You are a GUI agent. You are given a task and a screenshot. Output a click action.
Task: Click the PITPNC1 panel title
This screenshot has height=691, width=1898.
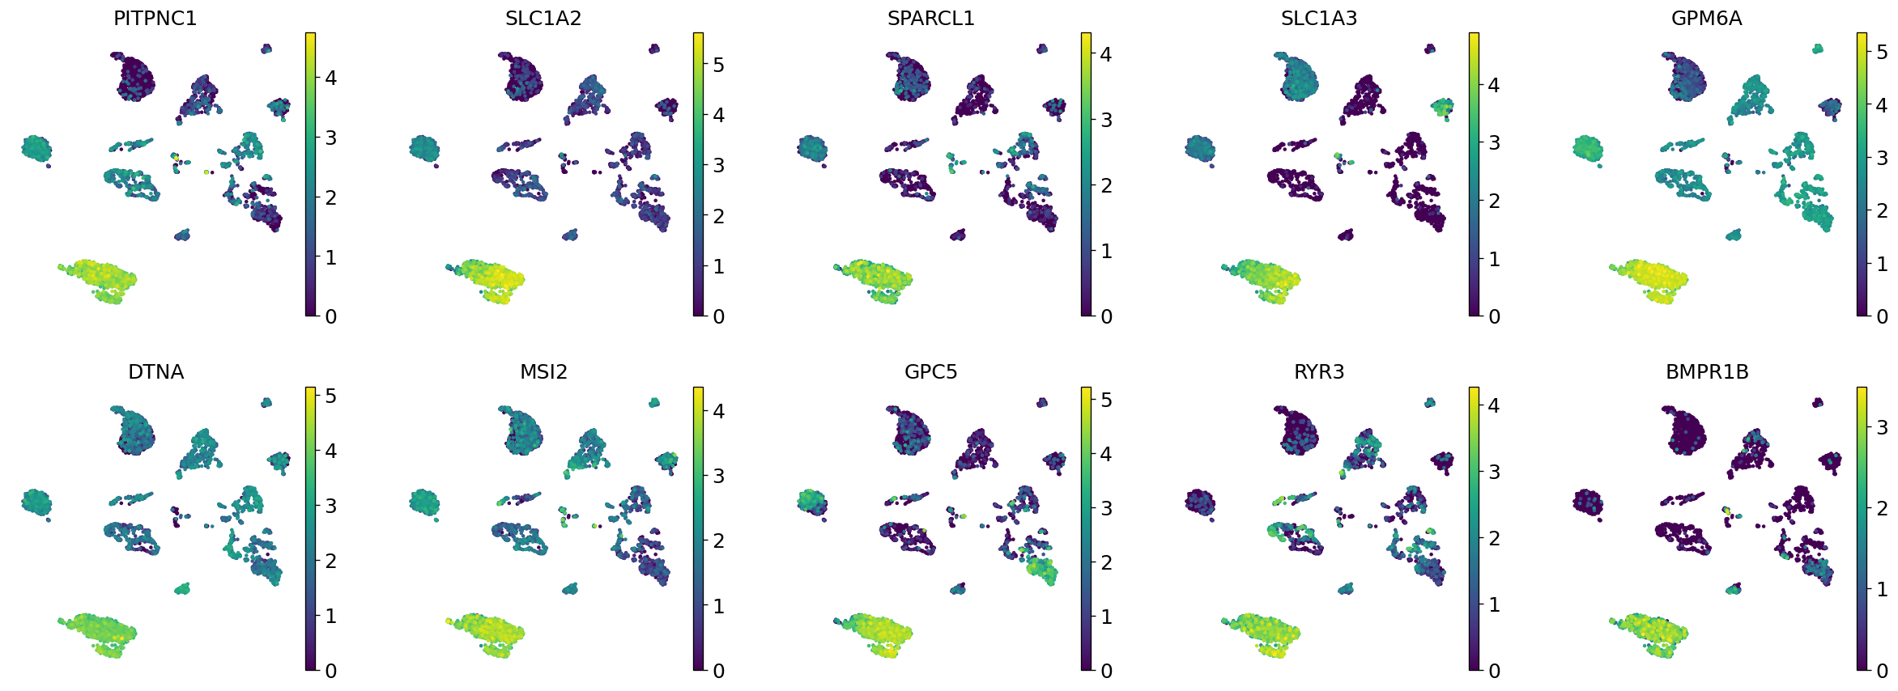point(155,19)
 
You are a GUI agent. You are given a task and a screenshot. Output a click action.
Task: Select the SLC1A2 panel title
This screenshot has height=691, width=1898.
point(543,19)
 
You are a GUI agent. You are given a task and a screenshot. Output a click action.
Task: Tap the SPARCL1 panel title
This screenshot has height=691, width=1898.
point(930,19)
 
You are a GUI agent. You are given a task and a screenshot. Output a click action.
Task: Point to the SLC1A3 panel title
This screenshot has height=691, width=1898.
point(1318,19)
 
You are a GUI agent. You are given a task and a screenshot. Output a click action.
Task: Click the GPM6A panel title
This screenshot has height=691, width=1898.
point(1706,19)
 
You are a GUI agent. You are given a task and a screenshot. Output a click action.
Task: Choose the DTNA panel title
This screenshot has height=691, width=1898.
point(155,372)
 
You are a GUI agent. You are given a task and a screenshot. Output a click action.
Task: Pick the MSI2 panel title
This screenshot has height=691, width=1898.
point(543,372)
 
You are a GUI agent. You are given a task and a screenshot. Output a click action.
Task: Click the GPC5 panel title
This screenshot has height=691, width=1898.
point(930,372)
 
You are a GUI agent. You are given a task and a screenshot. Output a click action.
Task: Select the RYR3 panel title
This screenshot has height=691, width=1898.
point(1318,372)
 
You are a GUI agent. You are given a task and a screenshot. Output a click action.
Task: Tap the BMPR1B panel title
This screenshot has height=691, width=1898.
point(1707,372)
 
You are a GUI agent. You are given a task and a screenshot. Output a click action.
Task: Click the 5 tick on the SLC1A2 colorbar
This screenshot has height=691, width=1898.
point(718,65)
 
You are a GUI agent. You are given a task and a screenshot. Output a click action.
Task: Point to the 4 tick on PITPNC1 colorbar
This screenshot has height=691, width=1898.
point(330,78)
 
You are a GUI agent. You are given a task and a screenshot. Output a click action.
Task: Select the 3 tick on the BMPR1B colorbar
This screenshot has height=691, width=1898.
point(1882,427)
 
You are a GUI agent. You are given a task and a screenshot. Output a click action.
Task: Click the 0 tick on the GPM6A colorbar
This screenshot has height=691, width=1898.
point(1882,316)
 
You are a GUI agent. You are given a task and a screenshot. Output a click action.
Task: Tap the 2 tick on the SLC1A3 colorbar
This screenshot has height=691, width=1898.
point(1494,201)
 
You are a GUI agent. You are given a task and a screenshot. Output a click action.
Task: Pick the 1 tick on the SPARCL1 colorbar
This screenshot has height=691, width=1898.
point(1106,251)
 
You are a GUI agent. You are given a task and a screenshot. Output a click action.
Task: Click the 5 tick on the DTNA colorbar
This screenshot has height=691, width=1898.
point(330,396)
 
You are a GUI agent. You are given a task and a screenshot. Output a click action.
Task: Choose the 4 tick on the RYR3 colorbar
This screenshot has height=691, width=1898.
point(1494,405)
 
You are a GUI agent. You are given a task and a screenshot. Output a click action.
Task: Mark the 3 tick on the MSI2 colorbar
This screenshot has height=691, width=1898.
point(718,476)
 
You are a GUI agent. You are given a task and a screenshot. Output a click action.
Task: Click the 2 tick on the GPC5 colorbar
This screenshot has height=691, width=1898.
point(1106,562)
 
